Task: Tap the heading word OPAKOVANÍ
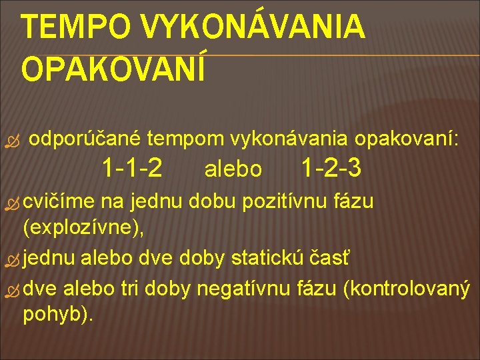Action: click(x=113, y=68)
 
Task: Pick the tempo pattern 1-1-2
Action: click(x=131, y=168)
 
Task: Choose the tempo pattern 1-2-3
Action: click(x=331, y=168)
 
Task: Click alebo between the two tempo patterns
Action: click(x=233, y=169)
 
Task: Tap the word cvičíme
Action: click(x=60, y=200)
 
